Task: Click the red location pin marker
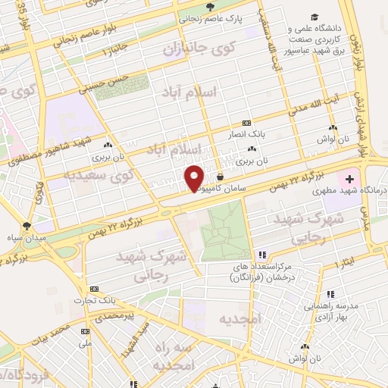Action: (x=195, y=177)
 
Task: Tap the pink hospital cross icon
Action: (x=349, y=180)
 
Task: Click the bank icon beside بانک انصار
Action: (x=246, y=123)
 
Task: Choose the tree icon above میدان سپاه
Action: (x=27, y=225)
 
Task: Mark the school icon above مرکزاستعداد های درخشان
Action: (x=262, y=255)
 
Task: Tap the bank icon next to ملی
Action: (x=85, y=331)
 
